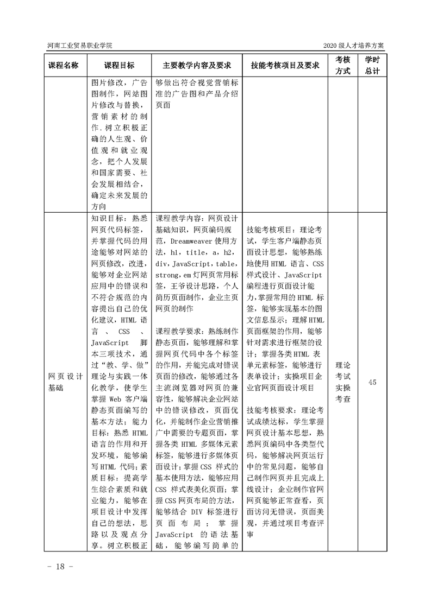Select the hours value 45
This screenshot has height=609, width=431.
(x=372, y=382)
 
